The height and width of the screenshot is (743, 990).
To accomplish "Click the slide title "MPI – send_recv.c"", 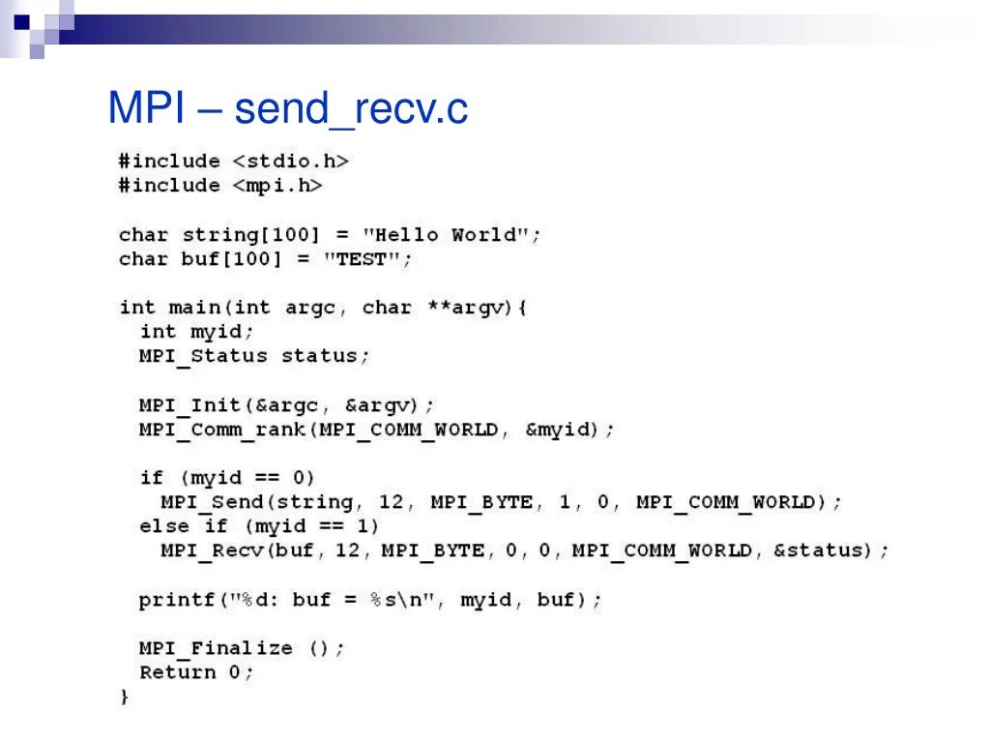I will [x=288, y=109].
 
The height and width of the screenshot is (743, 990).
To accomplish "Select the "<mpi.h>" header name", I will [x=277, y=185].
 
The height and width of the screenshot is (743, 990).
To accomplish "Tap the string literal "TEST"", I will [x=362, y=258].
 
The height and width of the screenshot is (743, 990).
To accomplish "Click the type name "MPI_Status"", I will [x=203, y=356].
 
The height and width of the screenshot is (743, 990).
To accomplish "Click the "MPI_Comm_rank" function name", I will [x=221, y=429].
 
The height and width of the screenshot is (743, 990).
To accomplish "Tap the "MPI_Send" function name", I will [x=212, y=502].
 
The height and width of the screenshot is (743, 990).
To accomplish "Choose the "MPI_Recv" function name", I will [x=212, y=550].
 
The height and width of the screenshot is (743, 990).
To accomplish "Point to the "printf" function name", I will [x=177, y=600].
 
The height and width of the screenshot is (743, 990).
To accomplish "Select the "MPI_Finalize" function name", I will [x=216, y=648].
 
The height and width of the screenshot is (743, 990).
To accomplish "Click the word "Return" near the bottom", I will [x=177, y=672].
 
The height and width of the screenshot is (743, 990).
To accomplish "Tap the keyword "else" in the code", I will [x=163, y=526].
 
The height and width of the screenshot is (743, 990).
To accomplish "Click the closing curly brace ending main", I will [x=124, y=697].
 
